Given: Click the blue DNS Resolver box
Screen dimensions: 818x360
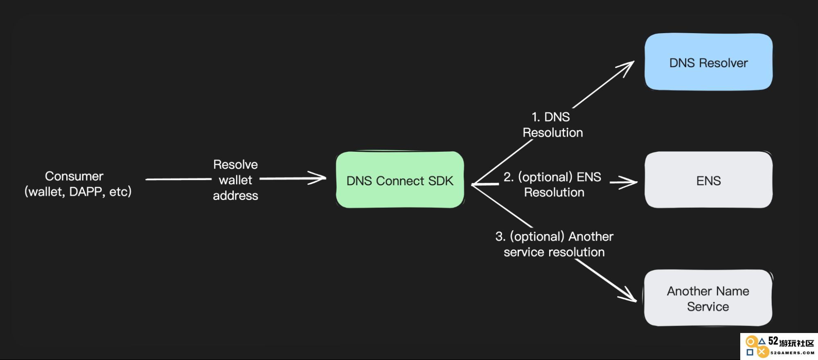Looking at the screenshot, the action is [708, 62].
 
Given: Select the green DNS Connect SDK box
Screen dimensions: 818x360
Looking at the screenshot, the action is [400, 180].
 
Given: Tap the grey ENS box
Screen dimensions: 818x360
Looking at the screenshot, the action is [708, 180].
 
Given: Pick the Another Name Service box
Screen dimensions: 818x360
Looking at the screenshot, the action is [708, 298].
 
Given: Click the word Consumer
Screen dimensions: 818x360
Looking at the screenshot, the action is [74, 176].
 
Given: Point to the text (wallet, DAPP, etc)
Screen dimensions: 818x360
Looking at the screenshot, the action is [78, 191].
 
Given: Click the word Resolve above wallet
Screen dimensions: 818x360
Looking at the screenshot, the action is [235, 164].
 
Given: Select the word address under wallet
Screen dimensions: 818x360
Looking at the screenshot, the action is [235, 196].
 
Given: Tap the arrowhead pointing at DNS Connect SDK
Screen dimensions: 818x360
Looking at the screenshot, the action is [318, 178].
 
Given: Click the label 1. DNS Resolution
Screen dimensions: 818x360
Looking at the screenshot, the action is [552, 124].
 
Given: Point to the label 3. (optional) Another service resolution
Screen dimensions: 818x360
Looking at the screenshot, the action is [554, 244].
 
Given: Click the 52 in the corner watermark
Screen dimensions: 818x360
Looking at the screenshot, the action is [773, 341].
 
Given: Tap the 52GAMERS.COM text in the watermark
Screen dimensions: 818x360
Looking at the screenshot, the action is [792, 353].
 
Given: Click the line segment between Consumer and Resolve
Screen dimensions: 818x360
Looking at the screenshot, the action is [178, 179].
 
